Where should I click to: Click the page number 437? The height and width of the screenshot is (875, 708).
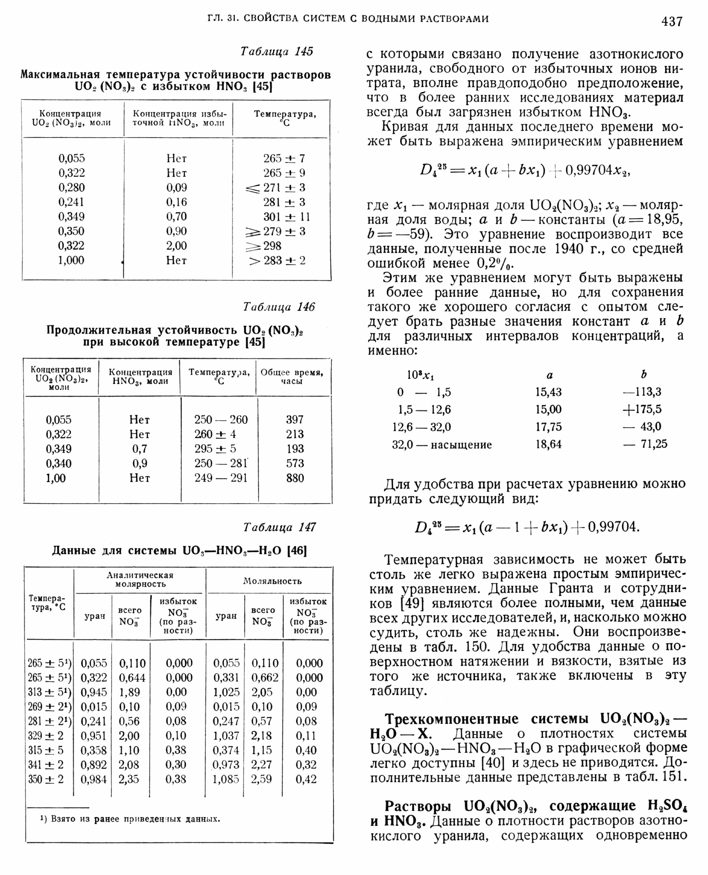pos(672,21)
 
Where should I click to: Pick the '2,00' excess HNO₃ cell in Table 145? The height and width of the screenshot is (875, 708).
pos(176,246)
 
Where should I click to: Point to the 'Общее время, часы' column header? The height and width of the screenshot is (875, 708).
pos(292,377)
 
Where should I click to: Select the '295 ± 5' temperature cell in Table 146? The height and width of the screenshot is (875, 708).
pos(215,449)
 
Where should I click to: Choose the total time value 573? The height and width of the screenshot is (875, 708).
pos(295,464)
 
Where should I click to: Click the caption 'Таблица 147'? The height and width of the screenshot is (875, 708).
pos(279,528)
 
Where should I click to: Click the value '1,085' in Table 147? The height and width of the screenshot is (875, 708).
pos(226,779)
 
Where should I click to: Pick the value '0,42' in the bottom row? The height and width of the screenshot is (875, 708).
pos(306,779)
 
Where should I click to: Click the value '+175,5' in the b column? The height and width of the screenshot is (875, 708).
pos(642,409)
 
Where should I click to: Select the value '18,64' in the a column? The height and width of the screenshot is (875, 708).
pos(548,444)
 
